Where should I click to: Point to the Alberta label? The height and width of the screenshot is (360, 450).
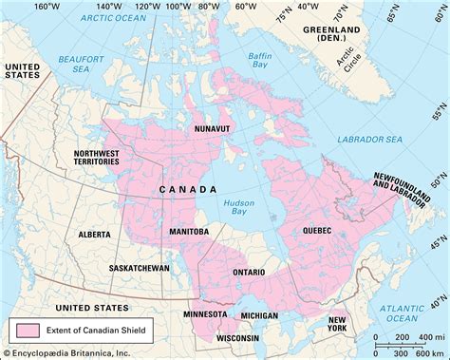coord(93,233)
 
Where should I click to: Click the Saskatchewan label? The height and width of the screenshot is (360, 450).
coord(138,269)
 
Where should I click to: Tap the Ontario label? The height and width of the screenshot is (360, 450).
coord(250,272)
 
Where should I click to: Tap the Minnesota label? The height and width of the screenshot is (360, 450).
coord(206,313)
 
